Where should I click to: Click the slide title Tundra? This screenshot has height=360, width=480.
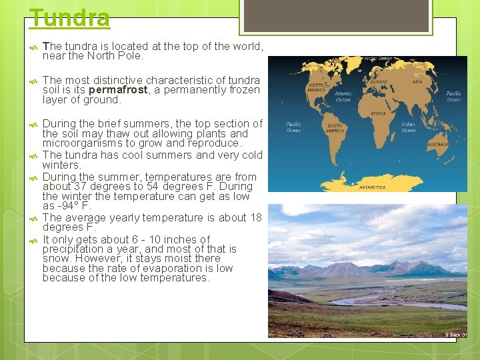click(x=70, y=18)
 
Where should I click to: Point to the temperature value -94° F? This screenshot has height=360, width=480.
click(x=68, y=206)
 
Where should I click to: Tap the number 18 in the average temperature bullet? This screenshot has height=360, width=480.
click(x=256, y=218)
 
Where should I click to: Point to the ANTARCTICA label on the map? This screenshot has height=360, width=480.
click(x=373, y=187)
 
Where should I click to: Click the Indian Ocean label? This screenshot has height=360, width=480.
click(x=409, y=127)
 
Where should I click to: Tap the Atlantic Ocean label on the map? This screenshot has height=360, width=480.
click(x=343, y=97)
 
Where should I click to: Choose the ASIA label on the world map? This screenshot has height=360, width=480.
click(x=417, y=82)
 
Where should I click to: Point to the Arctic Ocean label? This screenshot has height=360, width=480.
click(x=378, y=59)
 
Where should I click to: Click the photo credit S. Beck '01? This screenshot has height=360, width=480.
click(x=455, y=335)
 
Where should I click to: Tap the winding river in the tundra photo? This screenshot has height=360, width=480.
click(x=373, y=299)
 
